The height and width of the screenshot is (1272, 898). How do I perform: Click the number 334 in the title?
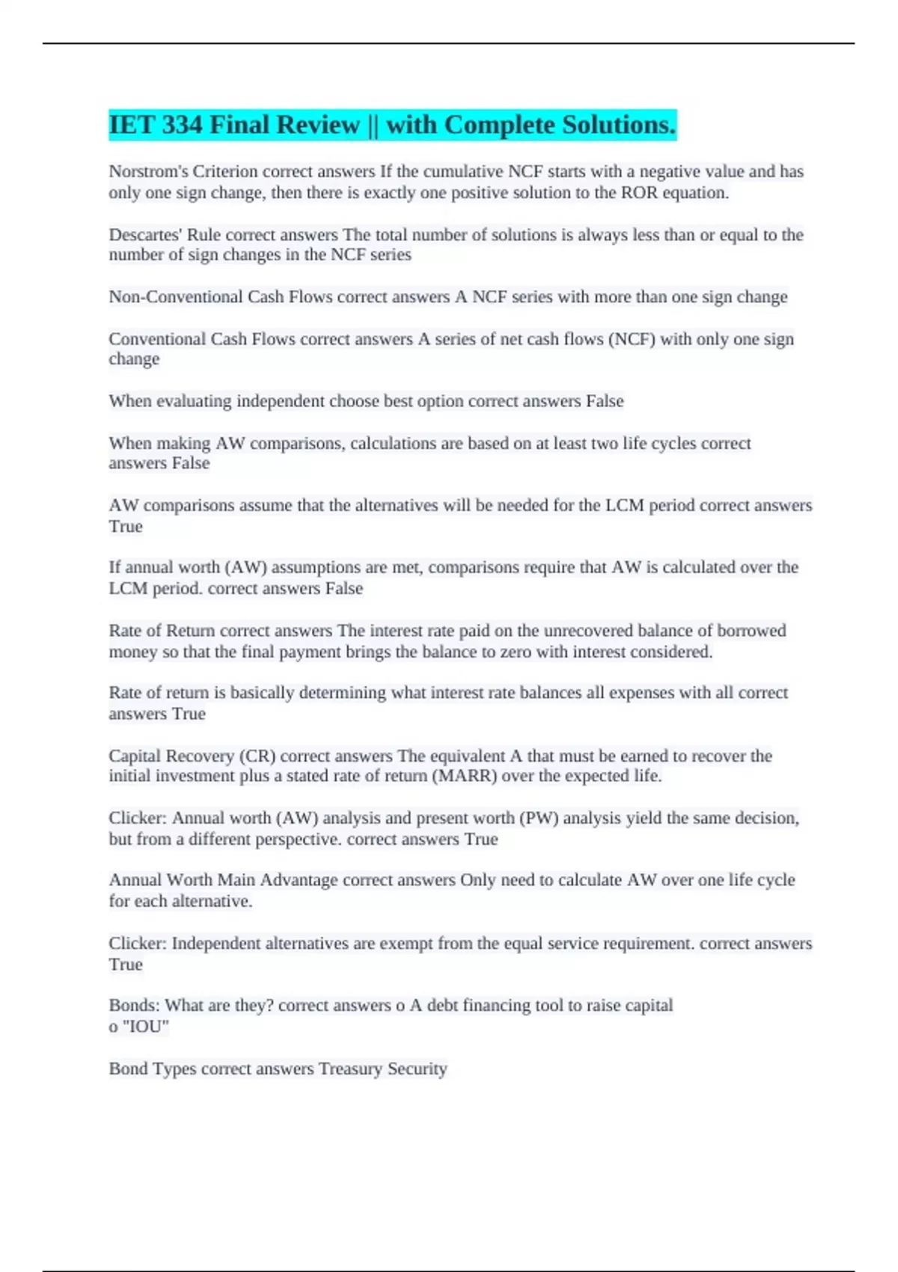(182, 125)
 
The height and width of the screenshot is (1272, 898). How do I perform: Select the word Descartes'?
(145, 235)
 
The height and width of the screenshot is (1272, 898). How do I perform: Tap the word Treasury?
(350, 1068)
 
